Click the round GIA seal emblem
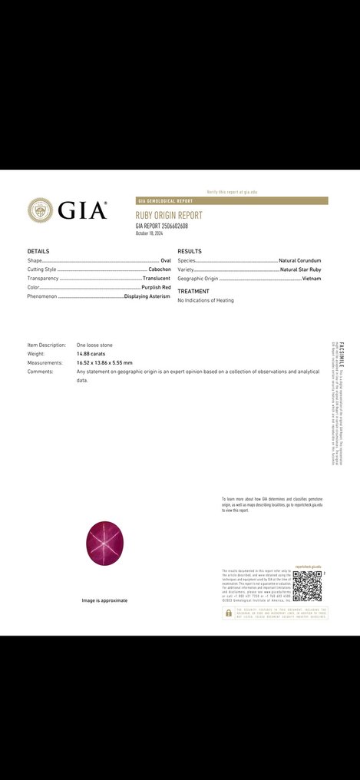(x=40, y=210)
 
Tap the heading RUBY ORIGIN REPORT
(x=169, y=216)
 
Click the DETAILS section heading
(x=38, y=251)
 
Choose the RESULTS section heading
(x=189, y=251)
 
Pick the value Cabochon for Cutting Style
(x=159, y=269)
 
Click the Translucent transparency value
(x=157, y=279)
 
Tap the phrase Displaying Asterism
(x=147, y=296)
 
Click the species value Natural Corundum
(x=299, y=261)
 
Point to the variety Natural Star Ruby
(x=300, y=269)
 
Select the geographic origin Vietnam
(x=311, y=279)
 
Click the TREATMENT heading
(x=193, y=292)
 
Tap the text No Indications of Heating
(x=206, y=300)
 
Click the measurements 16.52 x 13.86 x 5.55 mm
(x=104, y=362)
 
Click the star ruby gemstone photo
(x=104, y=544)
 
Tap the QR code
(x=307, y=586)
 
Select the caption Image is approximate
(x=104, y=600)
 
